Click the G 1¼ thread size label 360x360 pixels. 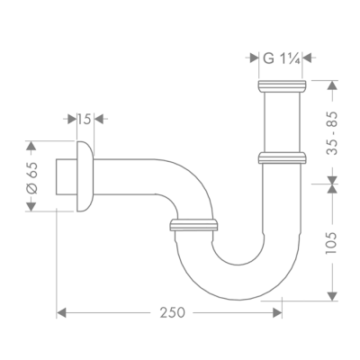tap(281, 59)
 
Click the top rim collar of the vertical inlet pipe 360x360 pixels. tap(282, 87)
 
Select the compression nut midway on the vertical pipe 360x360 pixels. tap(282, 158)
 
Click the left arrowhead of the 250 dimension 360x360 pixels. tap(61, 312)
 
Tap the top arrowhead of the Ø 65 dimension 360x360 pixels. tap(33, 144)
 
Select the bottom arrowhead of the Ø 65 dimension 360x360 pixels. tap(33, 207)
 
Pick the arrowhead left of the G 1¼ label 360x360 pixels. tap(255, 59)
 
